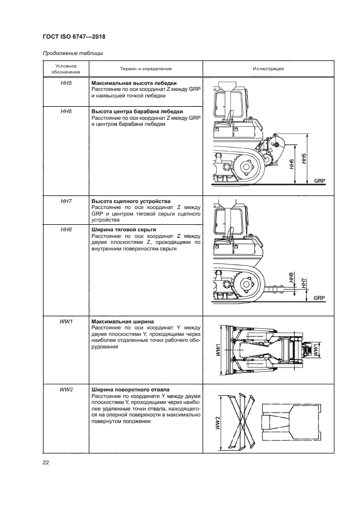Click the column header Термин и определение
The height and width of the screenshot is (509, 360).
145,69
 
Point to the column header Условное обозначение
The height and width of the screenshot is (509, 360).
66,69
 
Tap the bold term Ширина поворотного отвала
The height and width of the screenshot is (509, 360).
130,390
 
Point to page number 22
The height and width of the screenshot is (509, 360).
46,463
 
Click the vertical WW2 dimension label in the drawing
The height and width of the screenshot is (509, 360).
217,422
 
